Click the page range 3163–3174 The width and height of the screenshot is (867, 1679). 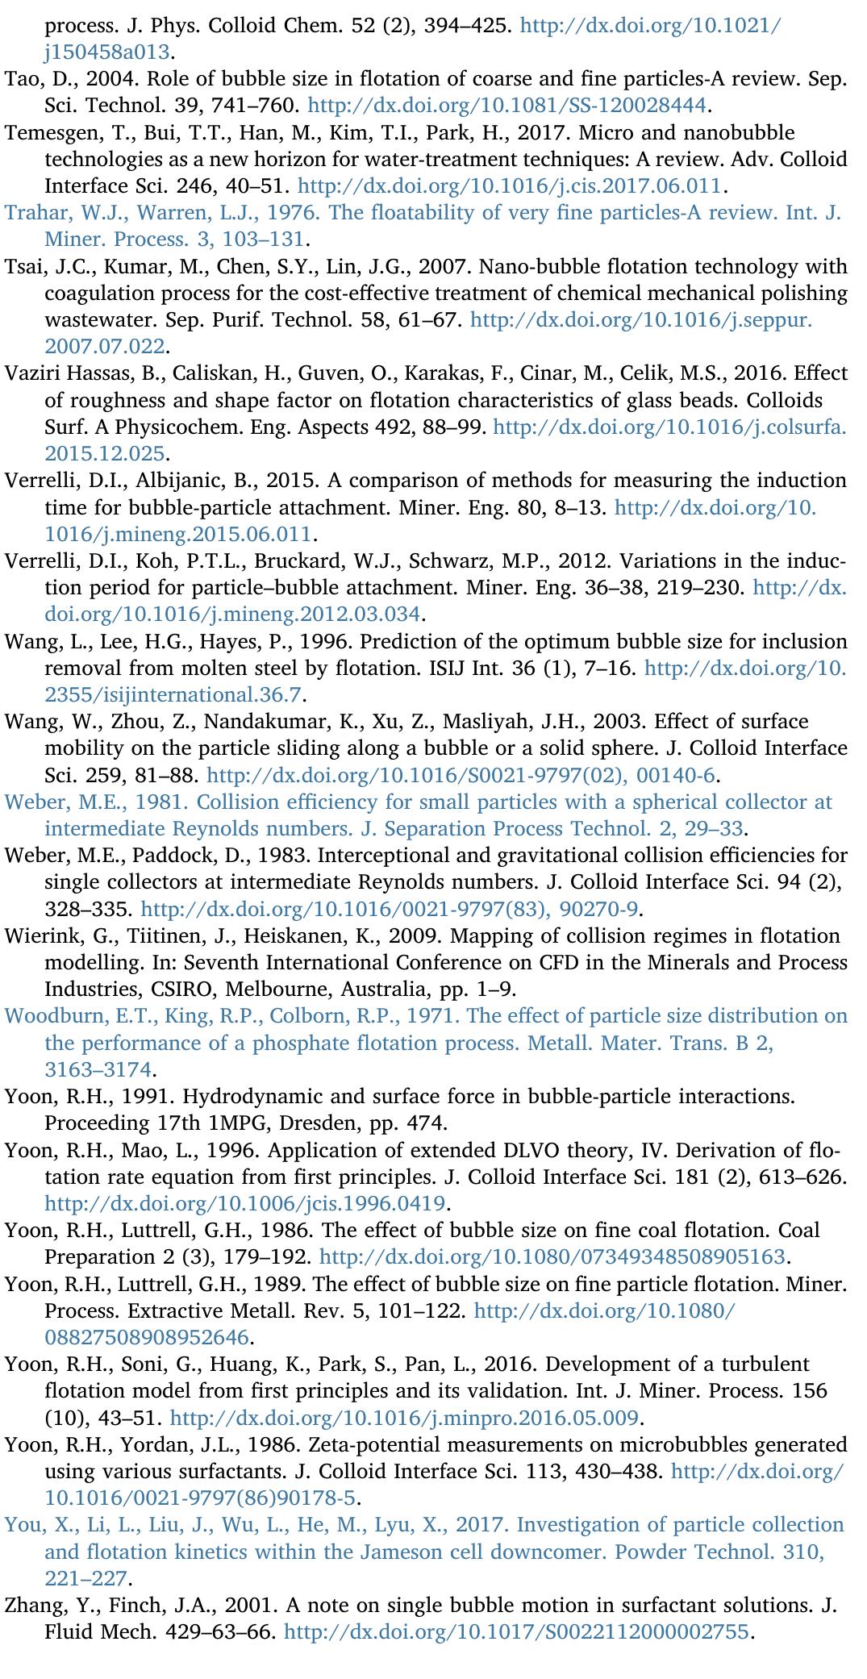tap(97, 1069)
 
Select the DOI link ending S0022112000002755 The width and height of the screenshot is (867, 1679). tap(518, 1631)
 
